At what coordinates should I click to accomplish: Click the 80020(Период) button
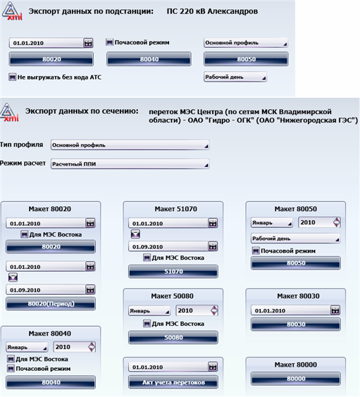pyautogui.click(x=50, y=304)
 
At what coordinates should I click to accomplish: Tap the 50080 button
pyautogui.click(x=172, y=338)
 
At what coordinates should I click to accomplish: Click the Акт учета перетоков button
pyautogui.click(x=172, y=382)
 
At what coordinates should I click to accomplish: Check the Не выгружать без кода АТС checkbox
pyautogui.click(x=12, y=77)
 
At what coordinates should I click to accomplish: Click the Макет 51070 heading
pyautogui.click(x=172, y=209)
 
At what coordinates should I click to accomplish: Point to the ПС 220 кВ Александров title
pyautogui.click(x=212, y=12)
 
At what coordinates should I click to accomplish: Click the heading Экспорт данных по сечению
pyautogui.click(x=81, y=111)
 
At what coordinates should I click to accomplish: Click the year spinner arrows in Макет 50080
pyautogui.click(x=213, y=310)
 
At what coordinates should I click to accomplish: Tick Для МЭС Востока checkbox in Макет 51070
pyautogui.click(x=145, y=258)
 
